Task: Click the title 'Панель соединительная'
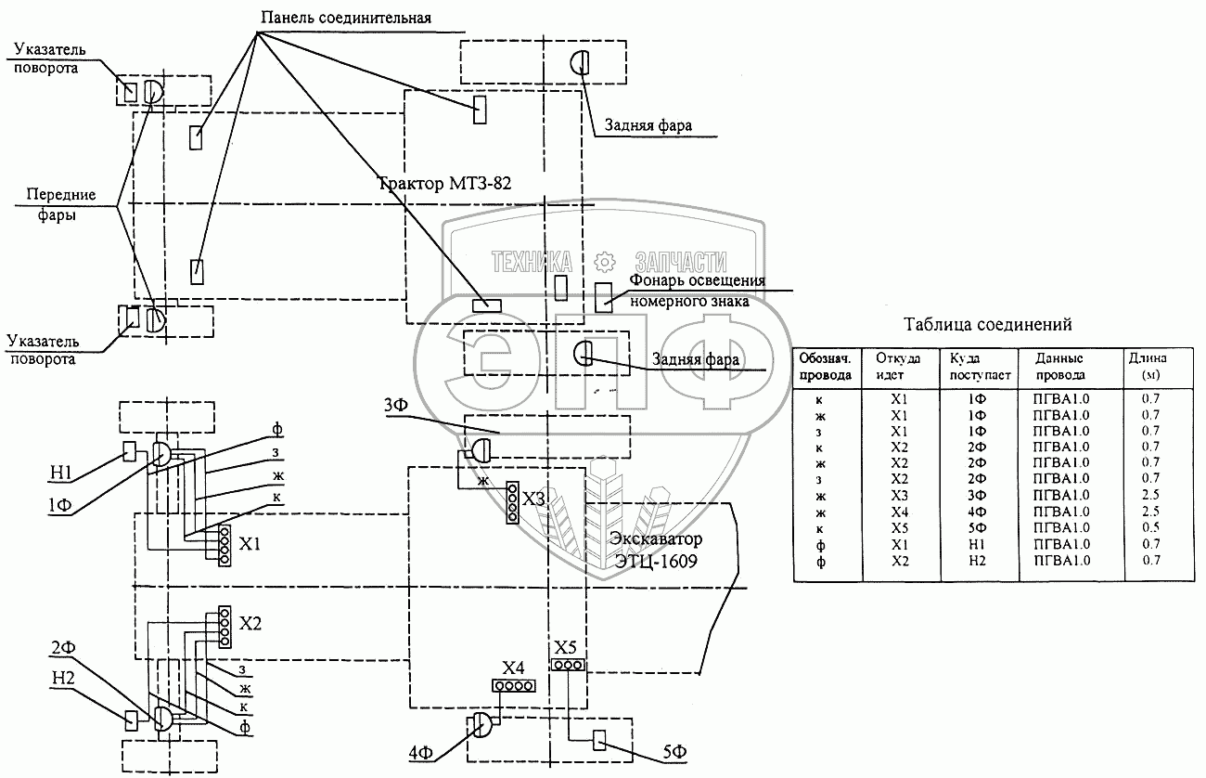(346, 18)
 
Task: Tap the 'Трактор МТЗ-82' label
(444, 183)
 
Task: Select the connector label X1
(250, 544)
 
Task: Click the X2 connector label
(250, 623)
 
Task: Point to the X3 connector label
(533, 499)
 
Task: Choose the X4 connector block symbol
(513, 686)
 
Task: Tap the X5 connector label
(565, 646)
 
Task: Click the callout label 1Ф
(59, 505)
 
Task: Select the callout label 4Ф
(421, 753)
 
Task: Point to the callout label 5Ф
(674, 752)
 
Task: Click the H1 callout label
(61, 473)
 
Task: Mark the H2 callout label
(63, 678)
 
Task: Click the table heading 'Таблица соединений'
(987, 324)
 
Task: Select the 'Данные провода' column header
(1060, 367)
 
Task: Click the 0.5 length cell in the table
(1150, 527)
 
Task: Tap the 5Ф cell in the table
(977, 528)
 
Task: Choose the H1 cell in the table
(977, 544)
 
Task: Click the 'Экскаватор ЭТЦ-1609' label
(656, 550)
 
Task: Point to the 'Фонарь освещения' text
(698, 280)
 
